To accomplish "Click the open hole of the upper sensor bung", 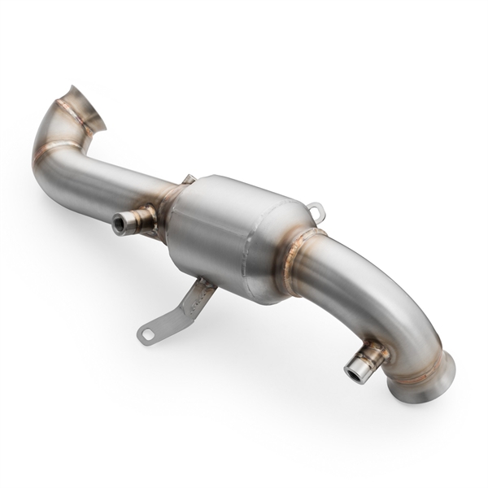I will pos(120,222).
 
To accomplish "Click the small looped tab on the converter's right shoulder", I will pos(318,211).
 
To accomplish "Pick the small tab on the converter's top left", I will pos(188,179).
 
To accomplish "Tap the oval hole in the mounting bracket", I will pos(148,333).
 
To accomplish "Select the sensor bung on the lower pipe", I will pos(365,363).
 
